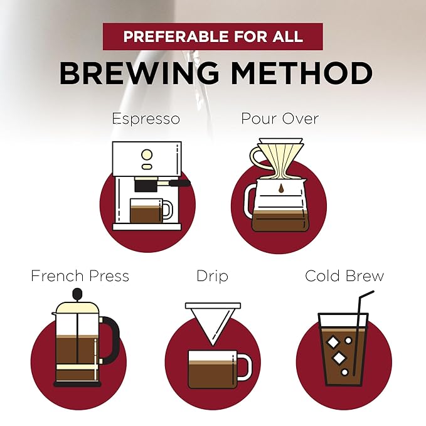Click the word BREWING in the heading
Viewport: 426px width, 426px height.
(139, 73)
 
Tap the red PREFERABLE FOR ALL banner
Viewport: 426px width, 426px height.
(213, 36)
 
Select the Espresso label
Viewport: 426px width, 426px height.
(146, 119)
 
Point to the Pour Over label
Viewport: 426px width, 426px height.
(280, 119)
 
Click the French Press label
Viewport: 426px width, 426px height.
(80, 276)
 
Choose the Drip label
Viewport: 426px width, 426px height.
(212, 277)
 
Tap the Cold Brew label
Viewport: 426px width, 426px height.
(344, 276)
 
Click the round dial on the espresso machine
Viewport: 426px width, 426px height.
(147, 155)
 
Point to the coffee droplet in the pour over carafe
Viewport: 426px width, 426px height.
(281, 188)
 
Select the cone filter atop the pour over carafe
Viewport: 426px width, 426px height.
(280, 157)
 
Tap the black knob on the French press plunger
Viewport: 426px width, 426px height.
(77, 294)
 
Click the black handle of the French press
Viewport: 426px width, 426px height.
(111, 340)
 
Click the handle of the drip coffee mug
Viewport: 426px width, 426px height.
(245, 367)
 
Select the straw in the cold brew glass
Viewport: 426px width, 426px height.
(361, 333)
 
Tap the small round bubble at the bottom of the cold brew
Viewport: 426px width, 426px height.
(345, 372)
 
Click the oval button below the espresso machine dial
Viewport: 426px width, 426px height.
(147, 166)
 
